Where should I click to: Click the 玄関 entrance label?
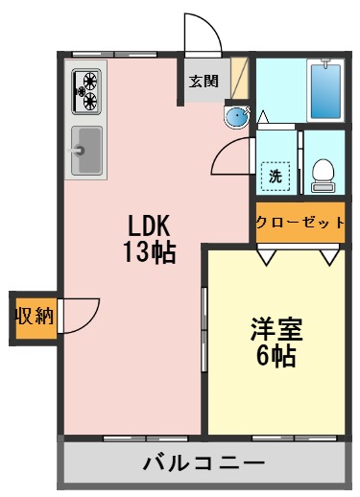tap(202, 82)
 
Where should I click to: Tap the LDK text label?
tap(149, 225)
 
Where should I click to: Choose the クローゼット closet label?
tap(300, 223)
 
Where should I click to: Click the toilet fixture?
tap(324, 175)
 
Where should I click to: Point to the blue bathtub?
tap(326, 91)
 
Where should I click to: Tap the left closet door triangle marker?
tap(266, 255)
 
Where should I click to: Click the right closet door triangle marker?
tap(330, 255)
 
